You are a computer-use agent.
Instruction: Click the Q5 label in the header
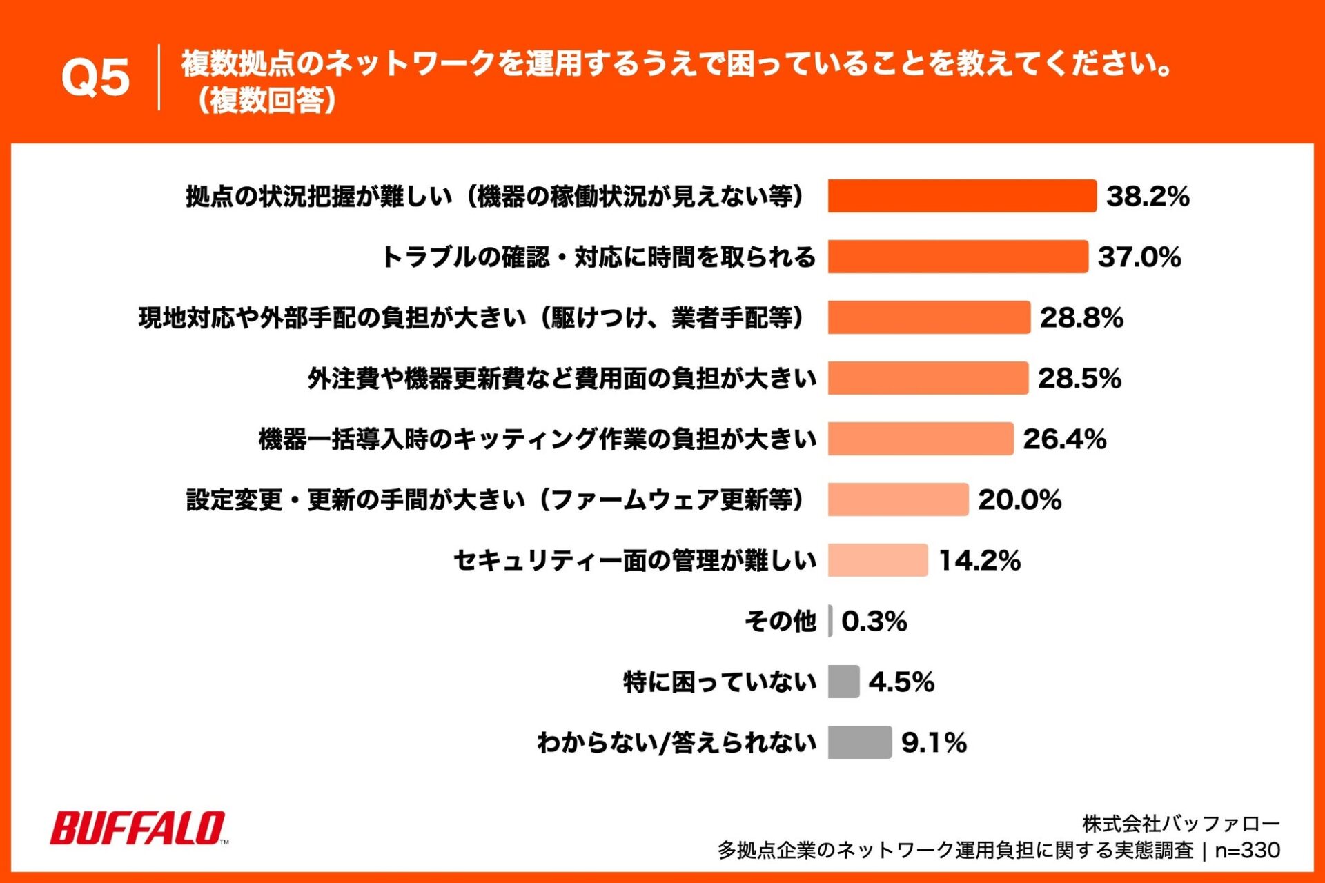pos(95,77)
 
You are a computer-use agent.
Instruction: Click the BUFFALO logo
pos(138,828)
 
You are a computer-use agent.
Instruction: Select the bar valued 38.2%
pos(961,196)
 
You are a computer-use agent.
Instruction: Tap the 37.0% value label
pos(1139,257)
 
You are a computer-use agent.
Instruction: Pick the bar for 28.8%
pos(929,317)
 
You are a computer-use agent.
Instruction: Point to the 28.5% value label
pos(1079,378)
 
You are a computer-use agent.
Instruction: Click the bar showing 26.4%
pos(921,439)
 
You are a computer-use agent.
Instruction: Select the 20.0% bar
pos(898,499)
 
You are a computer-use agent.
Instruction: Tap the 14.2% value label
pos(979,560)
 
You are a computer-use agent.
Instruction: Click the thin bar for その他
pos(830,621)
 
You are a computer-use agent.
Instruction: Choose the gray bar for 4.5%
pos(843,682)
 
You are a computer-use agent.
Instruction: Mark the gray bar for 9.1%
pos(860,742)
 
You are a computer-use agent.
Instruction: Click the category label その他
pos(780,621)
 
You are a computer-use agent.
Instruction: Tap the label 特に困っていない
pos(720,682)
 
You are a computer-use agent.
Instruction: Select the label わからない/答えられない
pos(676,742)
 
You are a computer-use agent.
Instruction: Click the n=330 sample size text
pos(1247,851)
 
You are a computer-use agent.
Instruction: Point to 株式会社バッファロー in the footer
pos(1181,824)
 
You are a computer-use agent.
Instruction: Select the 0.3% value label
pos(874,621)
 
